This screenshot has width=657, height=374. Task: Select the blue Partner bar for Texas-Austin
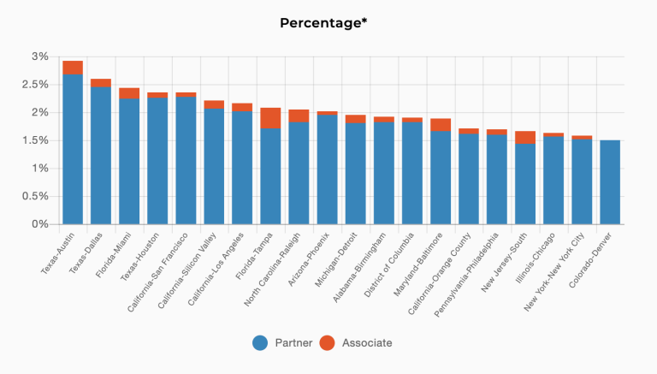pyautogui.click(x=73, y=150)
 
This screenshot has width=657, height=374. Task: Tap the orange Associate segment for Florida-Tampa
pyautogui.click(x=270, y=118)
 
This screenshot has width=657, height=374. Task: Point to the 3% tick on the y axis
pyautogui.click(x=40, y=56)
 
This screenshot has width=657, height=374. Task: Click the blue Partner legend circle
pyautogui.click(x=261, y=343)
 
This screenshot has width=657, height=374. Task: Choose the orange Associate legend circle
pyautogui.click(x=328, y=343)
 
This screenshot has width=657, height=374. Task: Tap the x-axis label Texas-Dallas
pyautogui.click(x=86, y=249)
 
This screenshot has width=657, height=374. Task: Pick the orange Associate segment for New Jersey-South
pyautogui.click(x=525, y=137)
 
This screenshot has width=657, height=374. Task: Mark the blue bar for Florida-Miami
pyautogui.click(x=129, y=162)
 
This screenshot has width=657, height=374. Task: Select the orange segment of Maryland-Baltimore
pyautogui.click(x=441, y=125)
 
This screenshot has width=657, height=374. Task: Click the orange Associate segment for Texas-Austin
pyautogui.click(x=73, y=68)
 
